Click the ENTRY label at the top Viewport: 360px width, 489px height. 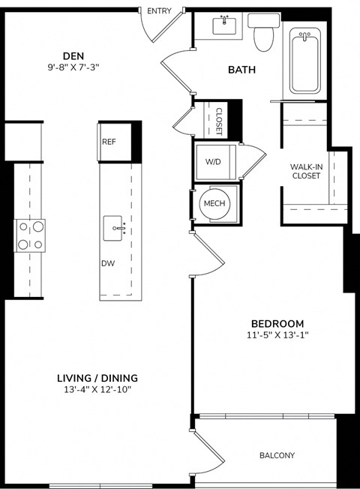(159, 10)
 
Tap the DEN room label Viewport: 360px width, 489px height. (73, 55)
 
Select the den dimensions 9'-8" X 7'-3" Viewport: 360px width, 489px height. (73, 67)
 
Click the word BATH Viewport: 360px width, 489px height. (242, 70)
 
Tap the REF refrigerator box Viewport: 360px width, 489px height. (108, 140)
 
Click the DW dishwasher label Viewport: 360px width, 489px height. (108, 263)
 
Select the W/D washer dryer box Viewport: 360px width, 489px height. (213, 161)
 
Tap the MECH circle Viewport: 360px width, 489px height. (213, 203)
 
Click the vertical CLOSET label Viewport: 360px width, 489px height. (219, 121)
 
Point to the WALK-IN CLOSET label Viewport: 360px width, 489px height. (306, 171)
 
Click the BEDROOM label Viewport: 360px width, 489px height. (277, 323)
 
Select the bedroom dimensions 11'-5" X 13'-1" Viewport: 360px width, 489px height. (277, 335)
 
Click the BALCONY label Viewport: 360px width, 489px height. (277, 455)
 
